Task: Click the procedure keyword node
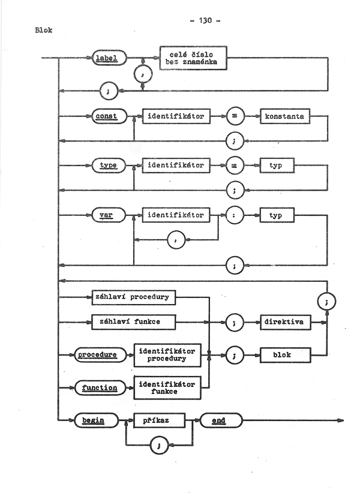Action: coord(96,355)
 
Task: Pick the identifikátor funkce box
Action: coord(166,388)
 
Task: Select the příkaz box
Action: coord(157,421)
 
